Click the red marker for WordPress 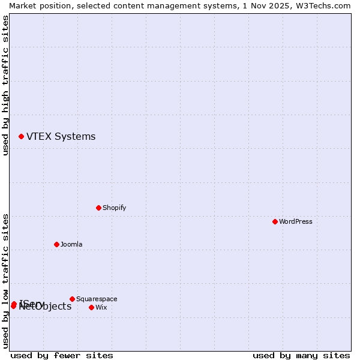coord(275,221)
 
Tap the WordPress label coord(296,222)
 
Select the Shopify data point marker coord(98,208)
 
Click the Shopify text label coord(114,208)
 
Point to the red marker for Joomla coord(56,244)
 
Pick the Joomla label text coord(71,245)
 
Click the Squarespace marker coord(72,299)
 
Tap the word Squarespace coord(97,299)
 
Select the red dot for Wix coord(91,307)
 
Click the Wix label coord(101,308)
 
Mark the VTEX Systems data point coord(21,136)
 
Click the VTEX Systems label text coord(61,137)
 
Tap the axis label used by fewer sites coord(62,356)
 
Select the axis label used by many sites coord(301,356)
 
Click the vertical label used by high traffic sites coord(5,85)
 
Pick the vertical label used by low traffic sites coord(5,281)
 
